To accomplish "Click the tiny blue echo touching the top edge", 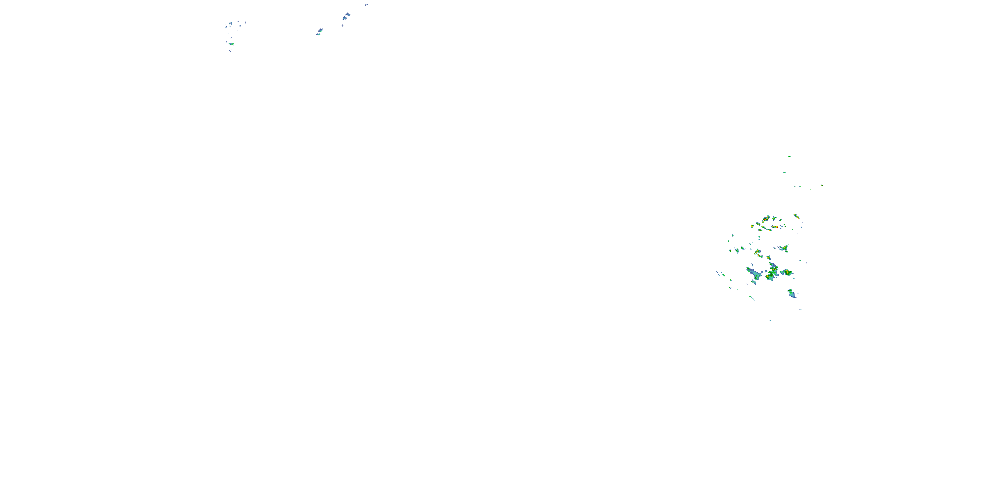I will [x=366, y=5].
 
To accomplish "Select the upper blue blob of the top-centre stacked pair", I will [x=347, y=16].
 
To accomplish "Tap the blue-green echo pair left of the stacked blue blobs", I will [x=319, y=31].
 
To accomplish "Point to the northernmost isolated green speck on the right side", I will [x=789, y=156].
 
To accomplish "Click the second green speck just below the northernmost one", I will [x=785, y=172].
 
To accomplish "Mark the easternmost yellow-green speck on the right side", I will [x=822, y=186].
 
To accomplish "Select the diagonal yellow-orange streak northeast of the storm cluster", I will [x=796, y=216].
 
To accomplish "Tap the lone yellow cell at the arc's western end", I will [x=752, y=226].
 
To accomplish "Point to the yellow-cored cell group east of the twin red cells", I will [x=784, y=248].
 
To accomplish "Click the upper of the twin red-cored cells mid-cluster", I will [x=757, y=251].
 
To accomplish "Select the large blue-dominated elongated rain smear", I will [x=753, y=274].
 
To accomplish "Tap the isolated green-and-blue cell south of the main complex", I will [x=792, y=294].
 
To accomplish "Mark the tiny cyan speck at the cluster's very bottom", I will [x=770, y=320].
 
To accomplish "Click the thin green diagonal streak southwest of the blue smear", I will [x=752, y=298].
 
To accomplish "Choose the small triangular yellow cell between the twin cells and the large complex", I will [x=769, y=257].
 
